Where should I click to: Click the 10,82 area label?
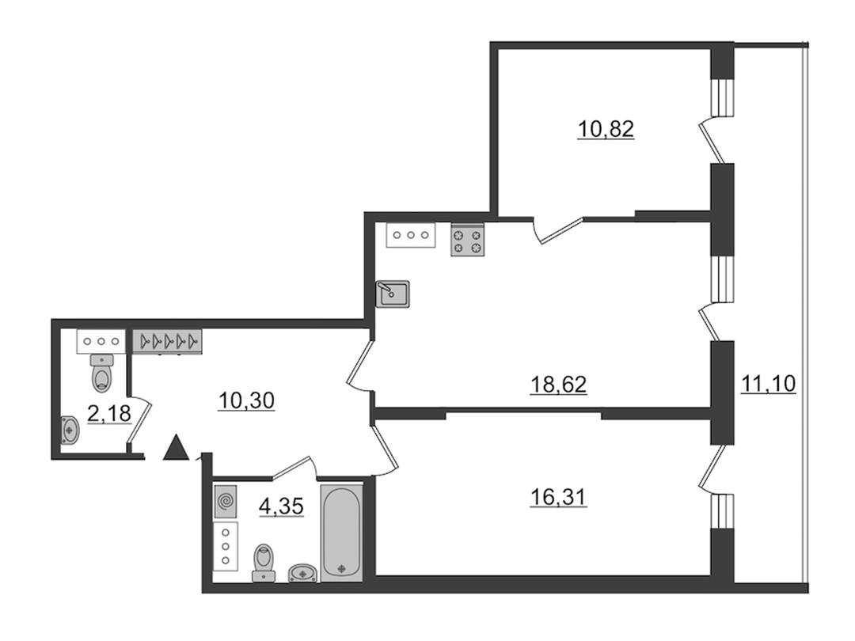606,130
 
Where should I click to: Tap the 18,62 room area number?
558,385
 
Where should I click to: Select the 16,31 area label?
558,497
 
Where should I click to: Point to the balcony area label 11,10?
768,385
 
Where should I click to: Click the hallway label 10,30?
246,401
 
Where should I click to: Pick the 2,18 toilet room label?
109,414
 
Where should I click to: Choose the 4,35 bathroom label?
281,507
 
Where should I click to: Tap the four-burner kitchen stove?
468,241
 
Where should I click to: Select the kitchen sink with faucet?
393,294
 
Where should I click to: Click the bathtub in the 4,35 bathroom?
341,533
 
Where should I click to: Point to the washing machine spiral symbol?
225,502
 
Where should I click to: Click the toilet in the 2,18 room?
102,373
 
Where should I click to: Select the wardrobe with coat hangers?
167,342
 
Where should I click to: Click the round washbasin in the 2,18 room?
70,430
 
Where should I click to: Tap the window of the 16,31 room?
723,510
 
